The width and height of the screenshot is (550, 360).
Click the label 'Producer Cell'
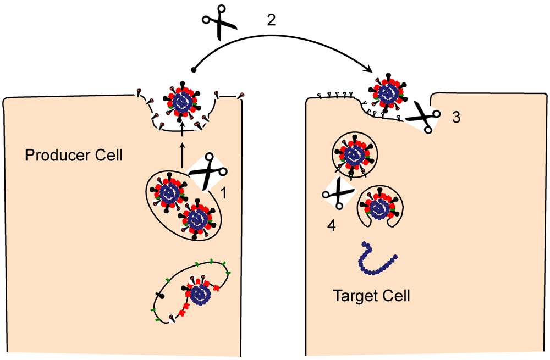point(74,156)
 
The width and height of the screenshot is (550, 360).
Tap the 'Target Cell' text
point(372,296)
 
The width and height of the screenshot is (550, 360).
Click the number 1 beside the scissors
point(224,193)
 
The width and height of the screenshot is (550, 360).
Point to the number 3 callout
point(456,118)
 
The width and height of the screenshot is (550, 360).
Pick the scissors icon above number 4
point(338,195)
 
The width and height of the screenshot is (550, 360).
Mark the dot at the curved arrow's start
point(193,70)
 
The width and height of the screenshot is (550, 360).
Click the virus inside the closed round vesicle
point(354,153)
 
